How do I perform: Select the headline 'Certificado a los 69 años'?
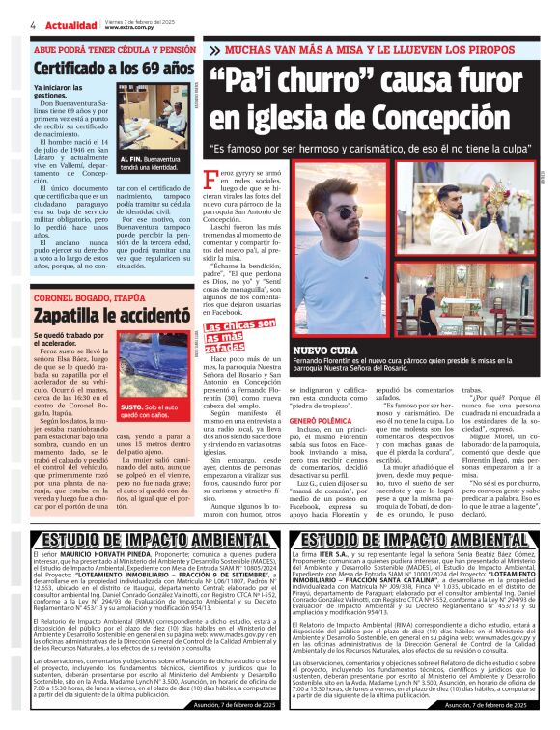point(100,69)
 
